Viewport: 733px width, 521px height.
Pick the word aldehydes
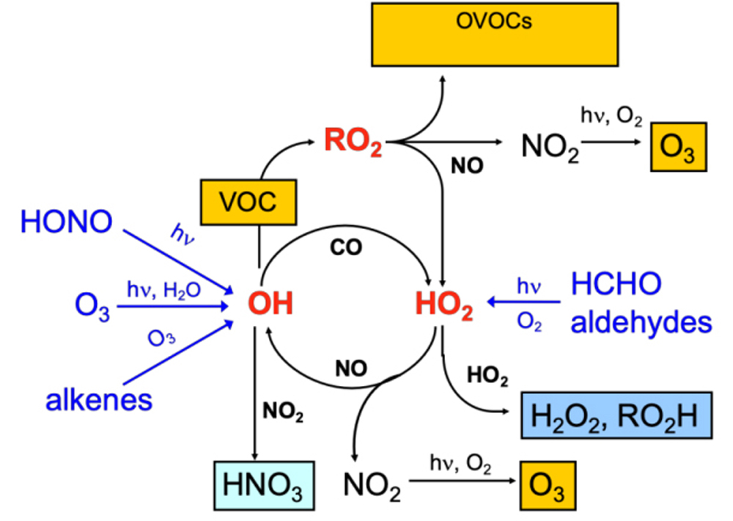640,321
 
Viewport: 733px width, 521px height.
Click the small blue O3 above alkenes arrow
162,339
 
